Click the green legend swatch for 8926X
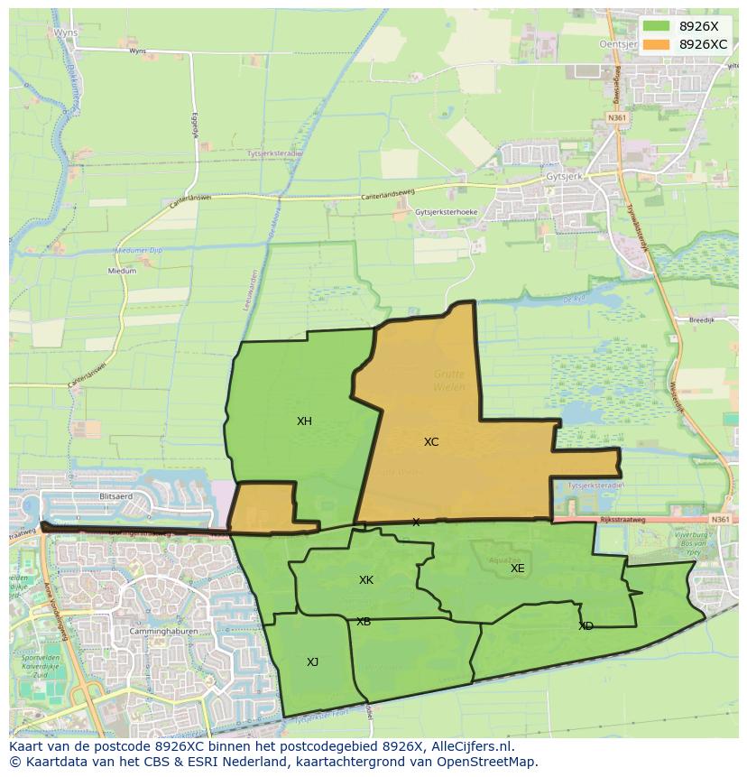(x=657, y=26)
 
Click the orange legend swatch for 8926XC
(x=657, y=44)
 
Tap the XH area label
(x=304, y=421)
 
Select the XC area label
(x=431, y=442)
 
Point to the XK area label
(x=366, y=580)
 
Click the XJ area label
(x=312, y=662)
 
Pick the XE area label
(x=517, y=569)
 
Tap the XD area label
(x=586, y=626)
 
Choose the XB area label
(x=364, y=622)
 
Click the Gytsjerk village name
(x=565, y=178)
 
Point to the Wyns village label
(x=66, y=32)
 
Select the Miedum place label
(x=122, y=271)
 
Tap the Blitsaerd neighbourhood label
(x=116, y=496)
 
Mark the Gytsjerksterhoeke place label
(x=447, y=212)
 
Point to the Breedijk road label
(x=676, y=319)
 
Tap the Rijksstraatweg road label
(x=622, y=521)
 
